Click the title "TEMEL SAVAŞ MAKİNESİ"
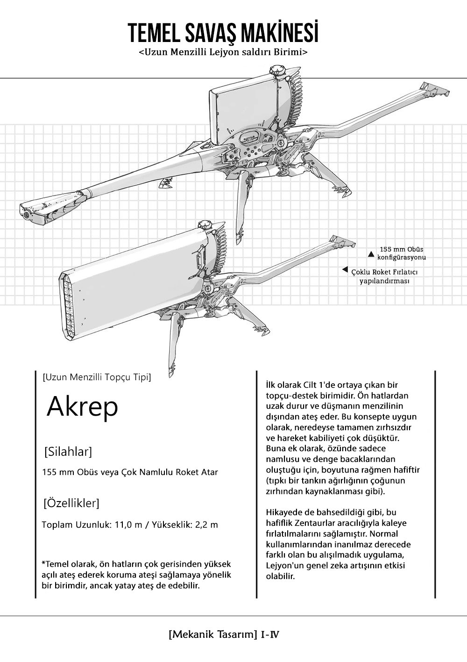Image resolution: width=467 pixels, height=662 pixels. (223, 33)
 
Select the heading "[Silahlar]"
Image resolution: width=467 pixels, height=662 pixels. (68, 452)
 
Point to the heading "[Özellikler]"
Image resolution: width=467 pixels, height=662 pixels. (71, 503)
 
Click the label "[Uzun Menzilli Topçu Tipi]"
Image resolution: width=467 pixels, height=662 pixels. (96, 376)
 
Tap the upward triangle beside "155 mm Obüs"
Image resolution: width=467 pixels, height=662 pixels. (371, 254)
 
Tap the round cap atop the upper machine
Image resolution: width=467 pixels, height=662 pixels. (276, 70)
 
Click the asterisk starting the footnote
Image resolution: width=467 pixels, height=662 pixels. (43, 564)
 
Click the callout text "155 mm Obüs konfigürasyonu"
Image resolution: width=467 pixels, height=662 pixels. (401, 253)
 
